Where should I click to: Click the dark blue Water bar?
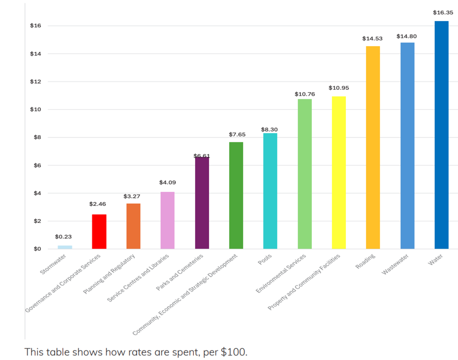tap(441, 135)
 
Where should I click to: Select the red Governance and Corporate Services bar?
tap(99, 231)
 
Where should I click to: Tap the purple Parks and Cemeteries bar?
tap(202, 203)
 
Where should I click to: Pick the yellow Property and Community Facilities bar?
tap(339, 173)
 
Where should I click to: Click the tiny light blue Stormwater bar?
tap(65, 247)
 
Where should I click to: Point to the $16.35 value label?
tap(443, 13)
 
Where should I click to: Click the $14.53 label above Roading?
tap(372, 39)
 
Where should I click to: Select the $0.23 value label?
tap(63, 236)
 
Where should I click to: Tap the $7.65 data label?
tap(237, 135)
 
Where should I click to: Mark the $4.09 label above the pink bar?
tap(168, 183)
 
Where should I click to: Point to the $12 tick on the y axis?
tap(35, 82)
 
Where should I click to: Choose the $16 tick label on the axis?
tap(35, 26)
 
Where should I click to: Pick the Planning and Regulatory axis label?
tap(110, 274)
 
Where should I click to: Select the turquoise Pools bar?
tap(270, 191)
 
